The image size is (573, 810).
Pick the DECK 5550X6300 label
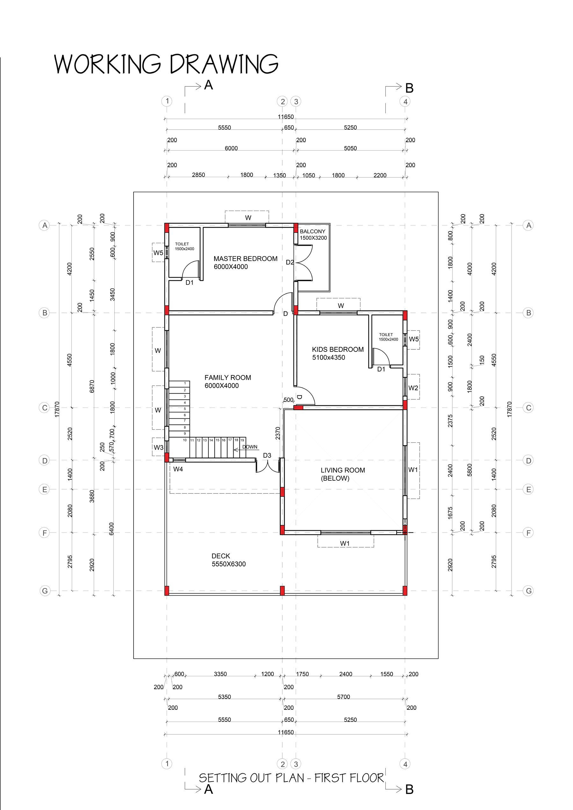[x=228, y=560]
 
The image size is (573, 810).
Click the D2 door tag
[x=290, y=262]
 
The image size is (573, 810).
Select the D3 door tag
[x=267, y=456]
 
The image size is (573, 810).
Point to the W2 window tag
[x=413, y=388]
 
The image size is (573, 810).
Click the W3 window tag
[x=158, y=447]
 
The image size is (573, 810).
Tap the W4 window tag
[x=178, y=469]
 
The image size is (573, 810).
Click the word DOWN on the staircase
[x=250, y=447]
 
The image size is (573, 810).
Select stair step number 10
[x=185, y=440]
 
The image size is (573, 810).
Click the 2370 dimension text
[x=278, y=433]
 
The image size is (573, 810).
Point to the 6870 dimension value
[x=92, y=386]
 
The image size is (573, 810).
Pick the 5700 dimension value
[x=343, y=697]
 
